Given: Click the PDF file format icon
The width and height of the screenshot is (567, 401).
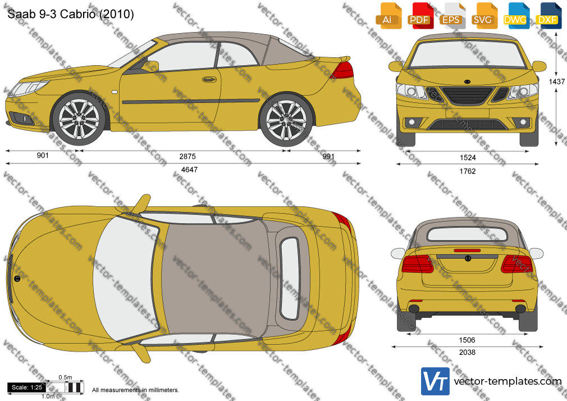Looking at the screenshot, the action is coord(420,15).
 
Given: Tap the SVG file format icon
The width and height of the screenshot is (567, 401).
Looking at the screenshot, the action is coord(484,15).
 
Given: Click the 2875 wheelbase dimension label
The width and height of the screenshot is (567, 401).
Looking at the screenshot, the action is coord(188,156).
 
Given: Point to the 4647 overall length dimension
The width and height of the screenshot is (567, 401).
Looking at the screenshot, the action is coord(190,170).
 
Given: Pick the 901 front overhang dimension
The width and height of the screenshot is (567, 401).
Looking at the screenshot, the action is coord(43,155).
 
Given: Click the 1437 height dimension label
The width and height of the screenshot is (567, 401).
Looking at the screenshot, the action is coord(556,81).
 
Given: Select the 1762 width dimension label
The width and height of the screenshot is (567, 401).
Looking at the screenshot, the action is coord(468,171).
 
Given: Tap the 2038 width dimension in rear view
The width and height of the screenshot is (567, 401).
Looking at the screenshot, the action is coord(467,352).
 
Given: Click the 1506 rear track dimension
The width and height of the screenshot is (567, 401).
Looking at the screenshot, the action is coord(467,340).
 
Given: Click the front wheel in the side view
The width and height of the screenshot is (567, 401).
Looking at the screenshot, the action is coord(79,119).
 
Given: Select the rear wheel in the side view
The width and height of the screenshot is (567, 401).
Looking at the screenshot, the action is coord(286,120).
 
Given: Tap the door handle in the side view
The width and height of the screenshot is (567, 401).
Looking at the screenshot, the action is coord(209,79).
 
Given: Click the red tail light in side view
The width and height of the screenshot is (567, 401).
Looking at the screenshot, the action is coord(342,70).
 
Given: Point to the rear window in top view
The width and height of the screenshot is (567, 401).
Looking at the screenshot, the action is coord(290,279).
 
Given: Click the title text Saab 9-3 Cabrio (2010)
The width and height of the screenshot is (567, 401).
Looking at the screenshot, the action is coord(71,14).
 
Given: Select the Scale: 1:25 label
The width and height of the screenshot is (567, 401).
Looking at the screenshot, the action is coord(27,388).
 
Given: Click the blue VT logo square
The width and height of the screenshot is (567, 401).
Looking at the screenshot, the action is coord(436,381).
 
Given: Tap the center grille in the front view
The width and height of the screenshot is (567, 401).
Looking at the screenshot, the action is coord(467,96).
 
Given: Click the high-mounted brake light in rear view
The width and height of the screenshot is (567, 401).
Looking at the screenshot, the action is coord(467,250).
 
